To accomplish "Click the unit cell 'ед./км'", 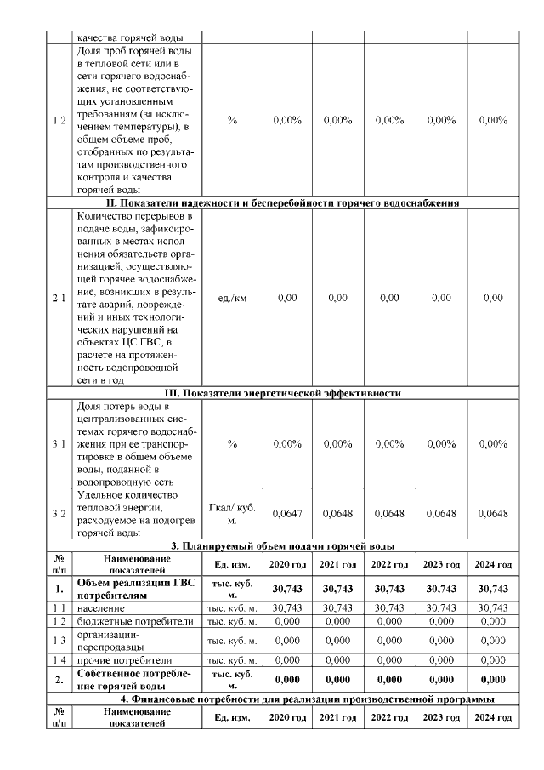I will (x=232, y=298).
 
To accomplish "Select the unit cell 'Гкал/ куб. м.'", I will (x=232, y=513).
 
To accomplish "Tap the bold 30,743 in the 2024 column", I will (x=493, y=589).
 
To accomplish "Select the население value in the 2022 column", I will (x=389, y=607).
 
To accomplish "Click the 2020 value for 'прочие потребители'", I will (x=287, y=659).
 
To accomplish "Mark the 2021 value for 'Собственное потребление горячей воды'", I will (x=338, y=679).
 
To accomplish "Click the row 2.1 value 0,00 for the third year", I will (x=389, y=298).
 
